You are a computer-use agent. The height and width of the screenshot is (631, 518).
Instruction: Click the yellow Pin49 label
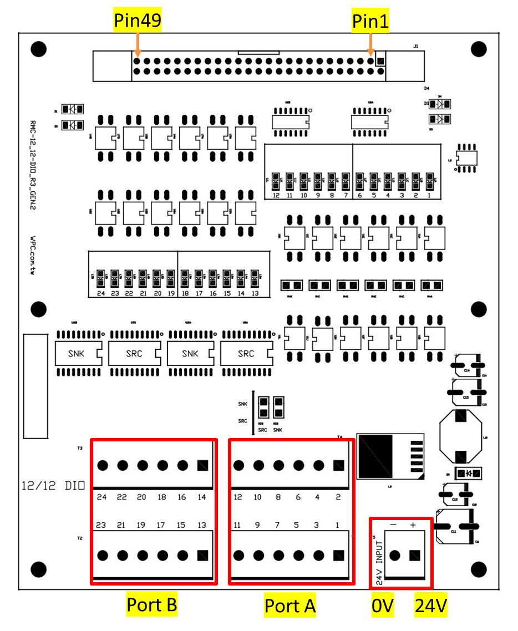138,21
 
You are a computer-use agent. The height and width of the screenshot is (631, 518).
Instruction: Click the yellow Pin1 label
370,21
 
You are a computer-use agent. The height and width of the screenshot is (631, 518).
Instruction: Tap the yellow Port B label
152,605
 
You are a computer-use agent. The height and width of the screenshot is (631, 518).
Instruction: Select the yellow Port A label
290,606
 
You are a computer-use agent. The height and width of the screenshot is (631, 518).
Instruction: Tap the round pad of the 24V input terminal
395,556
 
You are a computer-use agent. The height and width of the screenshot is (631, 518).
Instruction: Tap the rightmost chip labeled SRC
246,354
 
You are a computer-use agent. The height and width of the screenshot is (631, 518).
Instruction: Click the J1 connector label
415,47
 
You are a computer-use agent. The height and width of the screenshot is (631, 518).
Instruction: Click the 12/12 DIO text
53,486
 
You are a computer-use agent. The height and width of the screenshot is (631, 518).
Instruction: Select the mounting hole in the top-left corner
38,49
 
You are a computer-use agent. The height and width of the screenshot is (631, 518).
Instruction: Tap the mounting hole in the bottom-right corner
479,568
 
